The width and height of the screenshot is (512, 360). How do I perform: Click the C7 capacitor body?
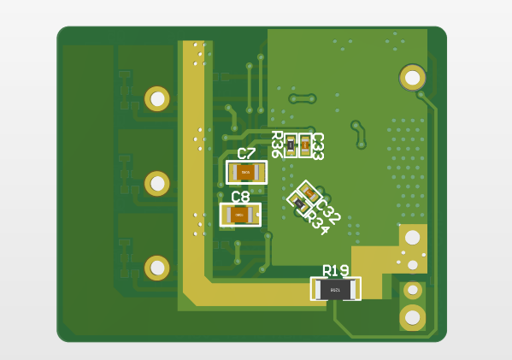(x=246, y=173)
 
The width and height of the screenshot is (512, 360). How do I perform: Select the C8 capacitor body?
(x=239, y=215)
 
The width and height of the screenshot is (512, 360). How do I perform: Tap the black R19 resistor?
(x=335, y=289)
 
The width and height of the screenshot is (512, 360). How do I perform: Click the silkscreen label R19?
(x=335, y=271)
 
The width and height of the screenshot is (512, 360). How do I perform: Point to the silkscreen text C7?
(x=246, y=154)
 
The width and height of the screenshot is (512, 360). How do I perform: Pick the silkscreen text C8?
(x=240, y=197)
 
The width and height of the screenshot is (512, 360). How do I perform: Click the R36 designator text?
(x=277, y=145)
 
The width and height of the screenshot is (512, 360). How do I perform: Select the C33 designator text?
(x=317, y=146)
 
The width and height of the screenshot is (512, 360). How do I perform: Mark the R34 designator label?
(x=317, y=223)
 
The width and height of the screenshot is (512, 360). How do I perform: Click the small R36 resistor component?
(x=291, y=145)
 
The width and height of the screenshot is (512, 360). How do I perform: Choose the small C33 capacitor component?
(x=304, y=145)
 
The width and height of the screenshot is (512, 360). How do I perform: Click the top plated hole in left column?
(x=157, y=98)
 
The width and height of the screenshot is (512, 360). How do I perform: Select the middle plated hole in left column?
(x=157, y=183)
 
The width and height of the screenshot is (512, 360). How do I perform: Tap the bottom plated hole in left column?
(x=157, y=268)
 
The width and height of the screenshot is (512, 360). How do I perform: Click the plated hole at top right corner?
(x=412, y=78)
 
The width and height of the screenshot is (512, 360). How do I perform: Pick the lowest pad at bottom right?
(x=412, y=317)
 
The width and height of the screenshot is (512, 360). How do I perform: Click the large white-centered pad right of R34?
(x=412, y=237)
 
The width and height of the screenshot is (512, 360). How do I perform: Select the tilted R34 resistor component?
(x=298, y=203)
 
